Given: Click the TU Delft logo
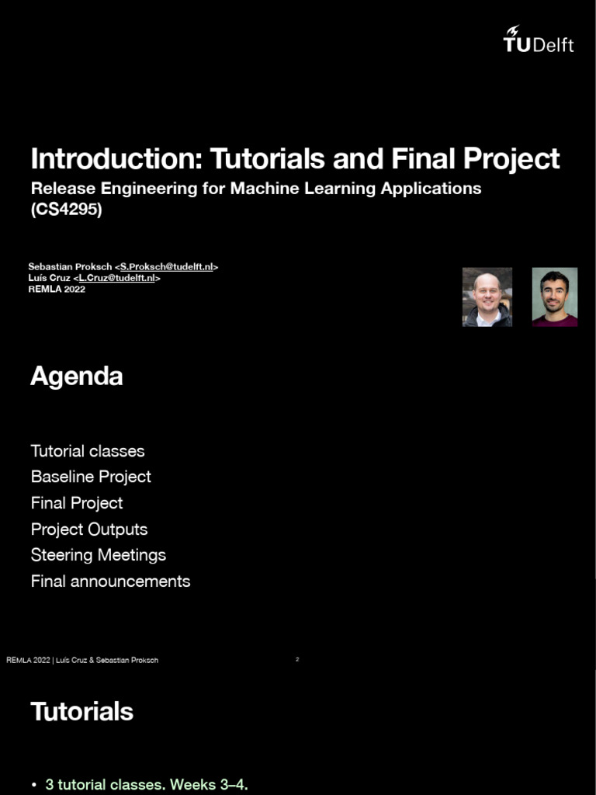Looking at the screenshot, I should click(539, 39).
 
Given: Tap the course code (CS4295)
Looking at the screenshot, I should click(66, 209).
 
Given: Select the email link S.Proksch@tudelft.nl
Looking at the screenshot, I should click(166, 266).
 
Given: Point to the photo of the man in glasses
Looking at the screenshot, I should click(487, 297).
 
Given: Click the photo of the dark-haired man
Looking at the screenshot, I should click(554, 297).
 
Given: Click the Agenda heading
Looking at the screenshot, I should click(76, 377).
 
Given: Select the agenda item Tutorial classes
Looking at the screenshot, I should click(88, 451).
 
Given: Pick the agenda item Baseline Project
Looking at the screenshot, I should click(91, 477).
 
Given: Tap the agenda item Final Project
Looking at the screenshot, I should click(77, 503).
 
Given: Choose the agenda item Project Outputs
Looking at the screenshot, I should click(89, 529).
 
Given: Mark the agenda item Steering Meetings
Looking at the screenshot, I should click(99, 555).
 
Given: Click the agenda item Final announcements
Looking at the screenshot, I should click(110, 581).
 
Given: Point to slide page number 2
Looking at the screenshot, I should click(297, 659).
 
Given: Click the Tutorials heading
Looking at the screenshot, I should click(81, 712).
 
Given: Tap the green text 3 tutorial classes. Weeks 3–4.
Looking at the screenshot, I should click(147, 785).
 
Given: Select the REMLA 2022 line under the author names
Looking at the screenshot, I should click(57, 290).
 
